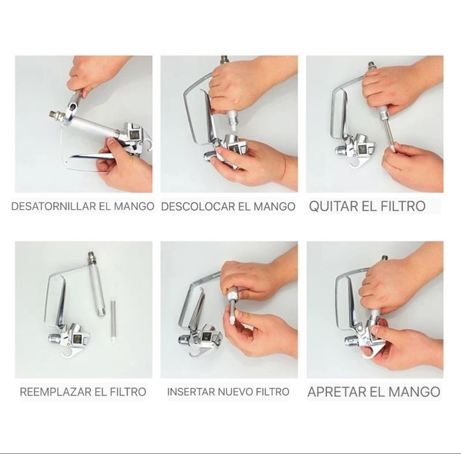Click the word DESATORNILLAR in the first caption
point(54,206)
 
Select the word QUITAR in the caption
point(332,206)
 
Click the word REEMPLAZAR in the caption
point(55,392)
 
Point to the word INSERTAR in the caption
point(191,392)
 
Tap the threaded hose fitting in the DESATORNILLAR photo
point(57,116)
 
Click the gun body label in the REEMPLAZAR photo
point(77,339)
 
